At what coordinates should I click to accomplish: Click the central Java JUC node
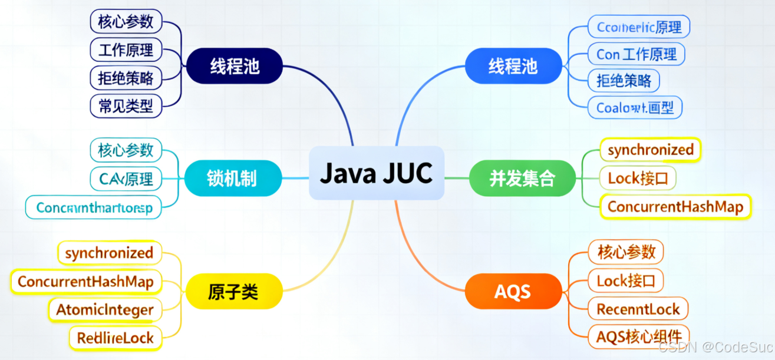point(376,173)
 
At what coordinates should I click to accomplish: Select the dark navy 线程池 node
point(235,65)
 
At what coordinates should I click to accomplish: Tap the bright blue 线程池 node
point(513,65)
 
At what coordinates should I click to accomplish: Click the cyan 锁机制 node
point(232,178)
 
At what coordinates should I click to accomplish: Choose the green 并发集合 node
point(522,178)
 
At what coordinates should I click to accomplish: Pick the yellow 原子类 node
point(233,291)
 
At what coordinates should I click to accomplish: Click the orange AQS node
point(513,291)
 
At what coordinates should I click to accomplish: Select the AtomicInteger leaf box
point(105,309)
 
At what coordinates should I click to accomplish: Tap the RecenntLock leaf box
point(638,309)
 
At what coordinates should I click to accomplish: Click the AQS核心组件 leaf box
point(638,336)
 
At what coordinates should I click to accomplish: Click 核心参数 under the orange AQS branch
point(626,252)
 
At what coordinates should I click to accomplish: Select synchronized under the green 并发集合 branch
point(651,150)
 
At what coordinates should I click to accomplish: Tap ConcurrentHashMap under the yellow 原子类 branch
point(85,281)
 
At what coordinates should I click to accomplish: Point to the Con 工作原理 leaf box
point(637,54)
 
